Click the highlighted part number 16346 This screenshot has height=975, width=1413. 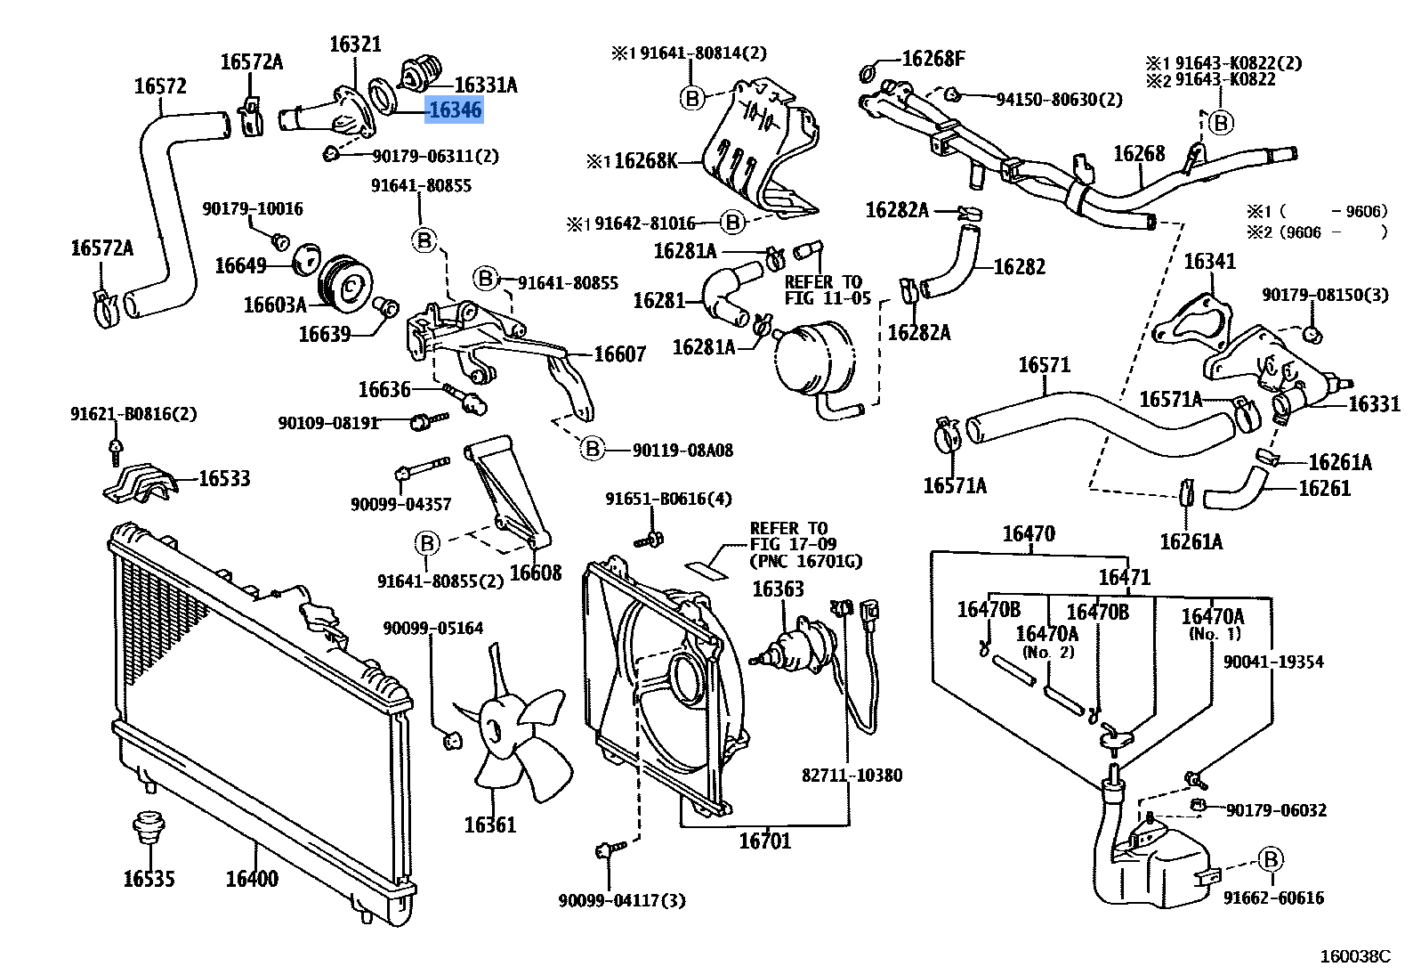454,110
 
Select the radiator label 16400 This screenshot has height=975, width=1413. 252,879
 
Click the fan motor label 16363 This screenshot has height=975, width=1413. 778,589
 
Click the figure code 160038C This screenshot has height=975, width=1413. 1354,956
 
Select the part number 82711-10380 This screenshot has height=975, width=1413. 852,776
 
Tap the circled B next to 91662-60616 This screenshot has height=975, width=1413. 1271,859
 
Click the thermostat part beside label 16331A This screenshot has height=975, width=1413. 419,73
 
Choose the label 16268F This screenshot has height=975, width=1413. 933,59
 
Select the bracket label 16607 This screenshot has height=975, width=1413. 619,354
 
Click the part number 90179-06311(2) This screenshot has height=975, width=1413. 435,157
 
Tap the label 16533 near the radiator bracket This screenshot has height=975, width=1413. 224,479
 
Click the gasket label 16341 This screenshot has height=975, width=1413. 1209,261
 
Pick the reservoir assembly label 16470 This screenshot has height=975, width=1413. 1029,533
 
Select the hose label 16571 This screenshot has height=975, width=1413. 1044,365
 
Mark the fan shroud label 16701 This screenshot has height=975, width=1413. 765,840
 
